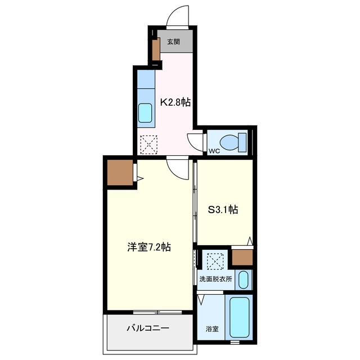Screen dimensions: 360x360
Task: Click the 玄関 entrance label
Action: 173,42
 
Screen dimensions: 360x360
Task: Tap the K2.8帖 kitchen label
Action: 175,102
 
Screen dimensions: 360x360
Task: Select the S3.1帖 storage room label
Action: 223,209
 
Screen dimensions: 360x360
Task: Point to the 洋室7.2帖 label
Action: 149,247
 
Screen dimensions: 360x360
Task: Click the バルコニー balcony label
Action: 148,328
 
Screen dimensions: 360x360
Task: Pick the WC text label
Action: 214,151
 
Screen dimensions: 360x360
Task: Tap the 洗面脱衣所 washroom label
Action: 215,279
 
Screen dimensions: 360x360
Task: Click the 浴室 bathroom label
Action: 212,329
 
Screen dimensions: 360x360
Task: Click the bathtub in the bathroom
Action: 240,317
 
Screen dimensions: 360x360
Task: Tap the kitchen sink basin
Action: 145,113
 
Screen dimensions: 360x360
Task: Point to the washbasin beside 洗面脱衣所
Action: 244,280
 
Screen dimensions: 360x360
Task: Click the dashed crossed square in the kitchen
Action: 148,145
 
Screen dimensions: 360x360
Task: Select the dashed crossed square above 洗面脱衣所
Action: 215,261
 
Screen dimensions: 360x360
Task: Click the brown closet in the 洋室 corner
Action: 120,173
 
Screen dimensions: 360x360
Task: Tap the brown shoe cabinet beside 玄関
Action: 156,49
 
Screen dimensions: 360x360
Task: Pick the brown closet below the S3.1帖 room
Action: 242,257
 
